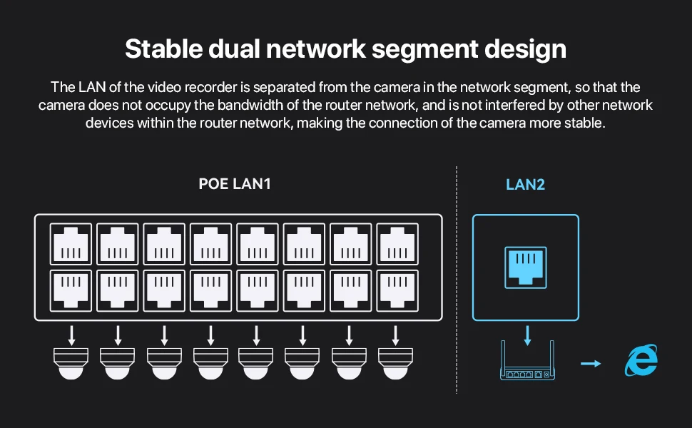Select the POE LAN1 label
click(x=235, y=184)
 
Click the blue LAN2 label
click(x=525, y=184)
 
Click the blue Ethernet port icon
click(x=525, y=267)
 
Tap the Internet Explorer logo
click(x=640, y=361)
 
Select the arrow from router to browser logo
click(x=590, y=364)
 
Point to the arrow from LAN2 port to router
click(x=526, y=335)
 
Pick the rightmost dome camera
click(x=395, y=362)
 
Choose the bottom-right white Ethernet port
click(x=395, y=290)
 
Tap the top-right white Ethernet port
click(x=395, y=245)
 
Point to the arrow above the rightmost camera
click(x=395, y=335)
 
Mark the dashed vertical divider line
click(x=457, y=285)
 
